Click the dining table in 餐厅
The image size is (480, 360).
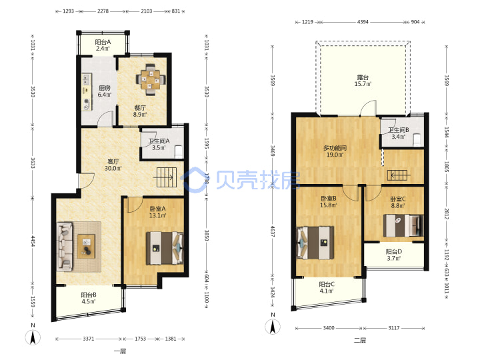(150, 79)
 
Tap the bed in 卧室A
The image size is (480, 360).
(165, 248)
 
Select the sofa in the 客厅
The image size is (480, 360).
(65, 247)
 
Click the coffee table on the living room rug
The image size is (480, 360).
(86, 246)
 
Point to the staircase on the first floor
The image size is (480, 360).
(167, 177)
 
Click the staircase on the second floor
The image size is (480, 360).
(399, 175)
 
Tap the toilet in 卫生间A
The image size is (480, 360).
(179, 152)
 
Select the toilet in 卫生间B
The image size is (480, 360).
(417, 139)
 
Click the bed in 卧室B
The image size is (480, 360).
(315, 243)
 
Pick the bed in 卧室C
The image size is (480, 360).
(403, 225)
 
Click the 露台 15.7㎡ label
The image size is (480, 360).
(363, 81)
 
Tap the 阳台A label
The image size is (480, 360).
(103, 42)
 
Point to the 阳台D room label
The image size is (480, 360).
(394, 251)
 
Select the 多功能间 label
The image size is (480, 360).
(335, 148)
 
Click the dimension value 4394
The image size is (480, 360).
(363, 22)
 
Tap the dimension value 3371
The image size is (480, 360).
(89, 339)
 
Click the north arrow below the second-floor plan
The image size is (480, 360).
(273, 326)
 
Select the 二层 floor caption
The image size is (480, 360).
(360, 340)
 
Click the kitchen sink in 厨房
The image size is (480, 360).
(87, 79)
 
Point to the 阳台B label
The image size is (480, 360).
(89, 295)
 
